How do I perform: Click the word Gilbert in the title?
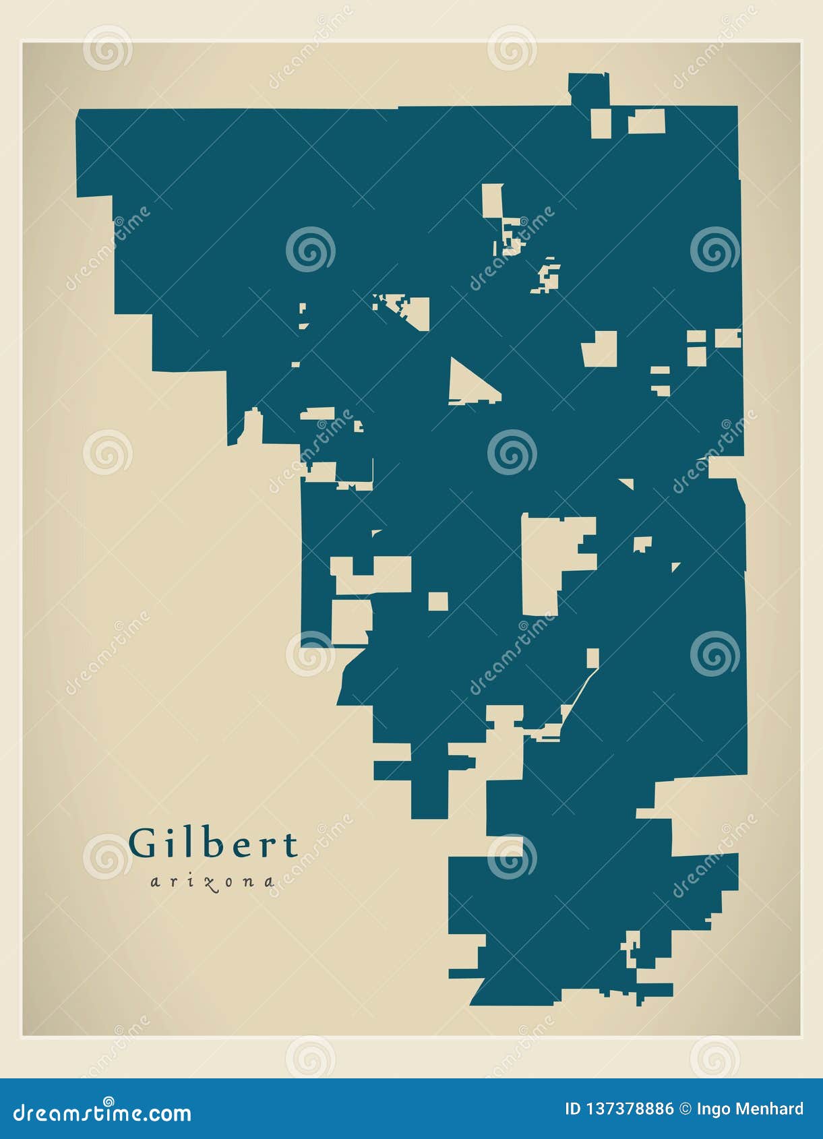pyautogui.click(x=213, y=843)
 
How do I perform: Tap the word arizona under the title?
pyautogui.click(x=212, y=882)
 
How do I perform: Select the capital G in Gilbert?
pyautogui.click(x=142, y=844)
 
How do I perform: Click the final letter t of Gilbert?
pyautogui.click(x=291, y=845)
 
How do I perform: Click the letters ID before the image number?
pyautogui.click(x=572, y=1109)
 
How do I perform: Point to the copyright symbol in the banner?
pyautogui.click(x=685, y=1109)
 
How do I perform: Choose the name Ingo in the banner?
pyautogui.click(x=714, y=1109)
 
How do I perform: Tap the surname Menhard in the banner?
pyautogui.click(x=770, y=1109)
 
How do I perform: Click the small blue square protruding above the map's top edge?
pyautogui.click(x=588, y=88)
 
